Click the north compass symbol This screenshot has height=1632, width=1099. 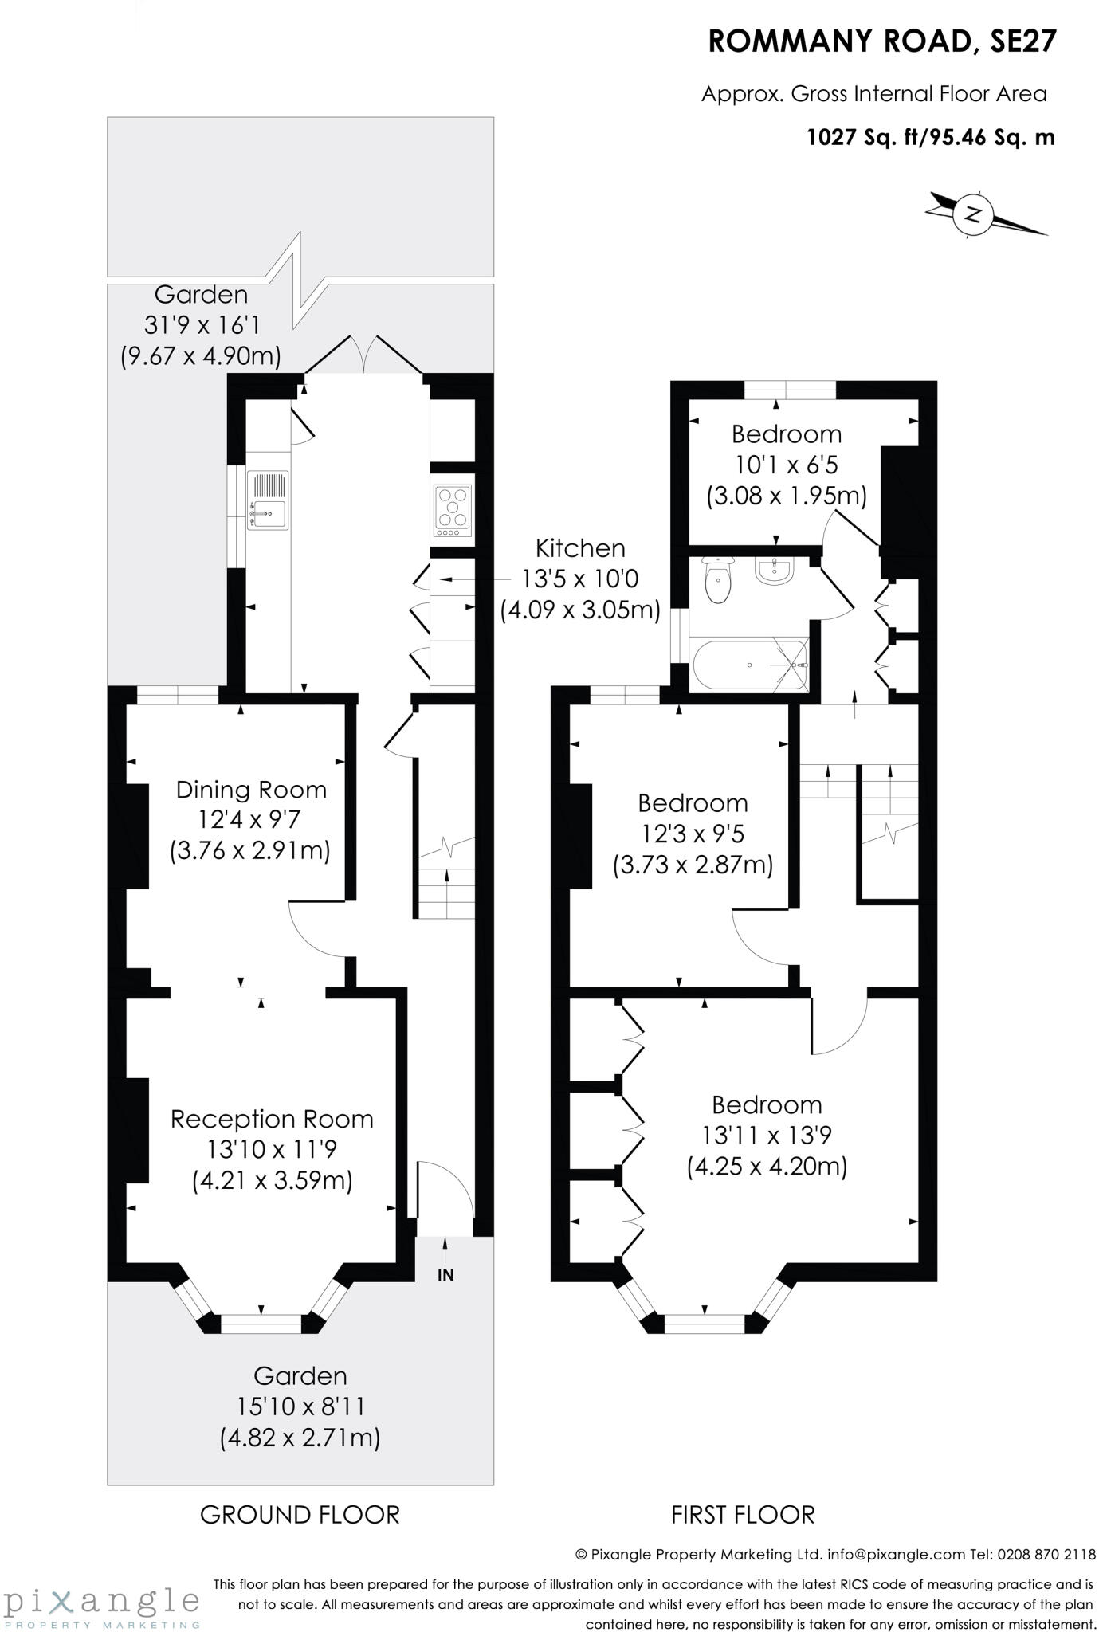click(973, 214)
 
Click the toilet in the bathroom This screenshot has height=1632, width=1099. click(718, 581)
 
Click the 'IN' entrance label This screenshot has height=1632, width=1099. click(445, 1274)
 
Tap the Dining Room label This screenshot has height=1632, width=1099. click(251, 790)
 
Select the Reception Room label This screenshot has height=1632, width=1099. click(272, 1119)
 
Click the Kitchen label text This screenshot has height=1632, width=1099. click(580, 548)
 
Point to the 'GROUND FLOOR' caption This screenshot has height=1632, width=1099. click(300, 1515)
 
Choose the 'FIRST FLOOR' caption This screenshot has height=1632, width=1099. click(743, 1515)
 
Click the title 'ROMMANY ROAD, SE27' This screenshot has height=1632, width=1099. click(882, 42)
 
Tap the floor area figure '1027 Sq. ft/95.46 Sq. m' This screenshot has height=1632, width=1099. click(931, 138)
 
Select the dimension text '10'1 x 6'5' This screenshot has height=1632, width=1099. click(785, 465)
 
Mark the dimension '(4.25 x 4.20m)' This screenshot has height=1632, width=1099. click(767, 1167)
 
